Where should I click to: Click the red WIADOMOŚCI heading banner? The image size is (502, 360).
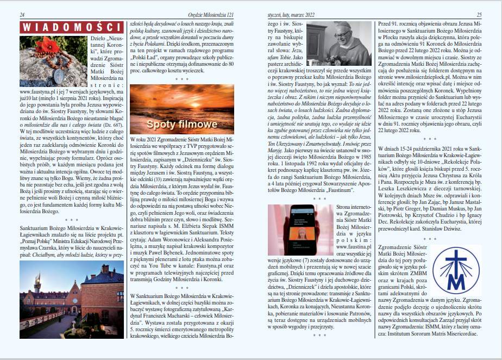(71, 27)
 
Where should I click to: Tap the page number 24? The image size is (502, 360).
(22, 15)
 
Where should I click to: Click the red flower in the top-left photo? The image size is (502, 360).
(47, 46)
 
